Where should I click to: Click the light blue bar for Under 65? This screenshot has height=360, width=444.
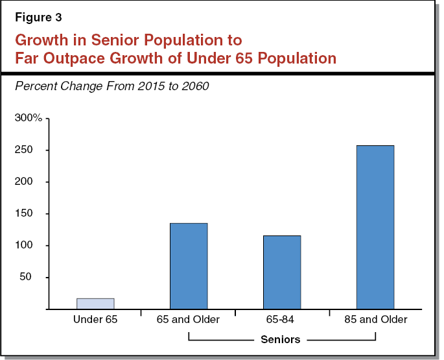[x=95, y=304]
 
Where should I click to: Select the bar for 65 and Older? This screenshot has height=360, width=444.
[x=189, y=266]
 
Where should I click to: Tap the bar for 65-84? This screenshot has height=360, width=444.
[x=282, y=272]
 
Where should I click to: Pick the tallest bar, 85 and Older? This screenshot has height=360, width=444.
[x=375, y=227]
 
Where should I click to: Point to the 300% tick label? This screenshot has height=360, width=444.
[x=28, y=119]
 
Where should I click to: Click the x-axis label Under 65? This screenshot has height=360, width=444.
[x=95, y=320]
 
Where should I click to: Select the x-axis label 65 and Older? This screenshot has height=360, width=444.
[x=189, y=320]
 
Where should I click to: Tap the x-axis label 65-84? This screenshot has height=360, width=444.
[x=282, y=320]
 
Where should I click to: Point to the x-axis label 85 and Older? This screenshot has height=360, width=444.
[x=375, y=320]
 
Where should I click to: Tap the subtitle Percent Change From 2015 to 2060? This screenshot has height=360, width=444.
[x=111, y=86]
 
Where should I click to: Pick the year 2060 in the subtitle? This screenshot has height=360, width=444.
[x=195, y=86]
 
